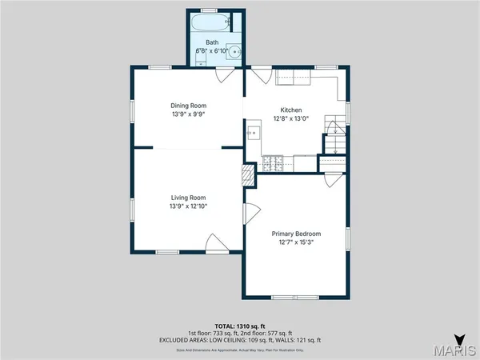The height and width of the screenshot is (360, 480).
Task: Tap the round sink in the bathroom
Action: click(234, 51)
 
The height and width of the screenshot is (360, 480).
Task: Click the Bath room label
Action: click(212, 42)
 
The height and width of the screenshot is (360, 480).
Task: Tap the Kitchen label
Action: click(291, 110)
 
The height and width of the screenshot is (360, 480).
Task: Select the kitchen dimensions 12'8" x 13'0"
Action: click(291, 119)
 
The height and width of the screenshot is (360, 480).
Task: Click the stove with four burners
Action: click(272, 163)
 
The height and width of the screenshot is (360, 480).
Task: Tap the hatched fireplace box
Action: click(249, 175)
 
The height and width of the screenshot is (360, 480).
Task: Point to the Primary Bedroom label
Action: click(295, 234)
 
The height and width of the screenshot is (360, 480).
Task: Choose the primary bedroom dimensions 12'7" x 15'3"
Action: click(295, 242)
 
